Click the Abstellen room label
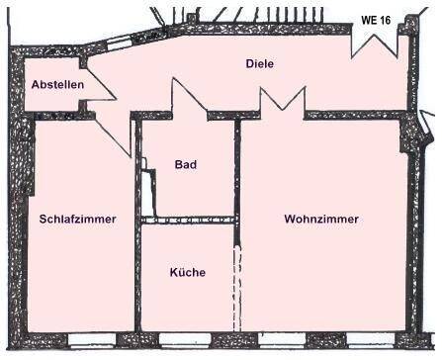pyautogui.click(x=57, y=86)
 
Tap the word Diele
pyautogui.click(x=259, y=64)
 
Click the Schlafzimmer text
pyautogui.click(x=78, y=220)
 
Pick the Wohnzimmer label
pyautogui.click(x=320, y=220)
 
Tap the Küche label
pyautogui.click(x=187, y=273)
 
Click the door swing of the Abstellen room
pyautogui.click(x=99, y=86)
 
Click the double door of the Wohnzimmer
pyautogui.click(x=281, y=101)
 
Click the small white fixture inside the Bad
pyautogui.click(x=147, y=192)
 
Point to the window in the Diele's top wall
pyautogui.click(x=118, y=43)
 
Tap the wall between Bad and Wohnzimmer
pyautogui.click(x=237, y=168)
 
